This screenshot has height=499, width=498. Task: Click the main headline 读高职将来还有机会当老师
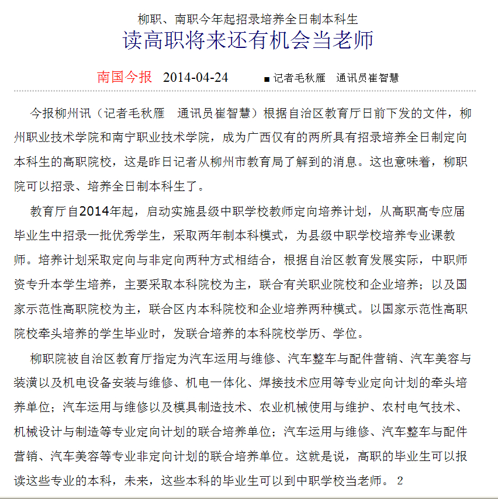pyautogui.click(x=248, y=41)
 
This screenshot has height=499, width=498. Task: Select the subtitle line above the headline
pyautogui.click(x=248, y=19)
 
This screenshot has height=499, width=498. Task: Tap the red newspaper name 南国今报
pyautogui.click(x=124, y=77)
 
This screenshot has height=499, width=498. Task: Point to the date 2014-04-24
pyautogui.click(x=195, y=77)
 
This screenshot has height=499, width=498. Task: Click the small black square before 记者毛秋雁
pyautogui.click(x=267, y=79)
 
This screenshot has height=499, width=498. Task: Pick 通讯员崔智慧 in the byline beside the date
pyautogui.click(x=368, y=78)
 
